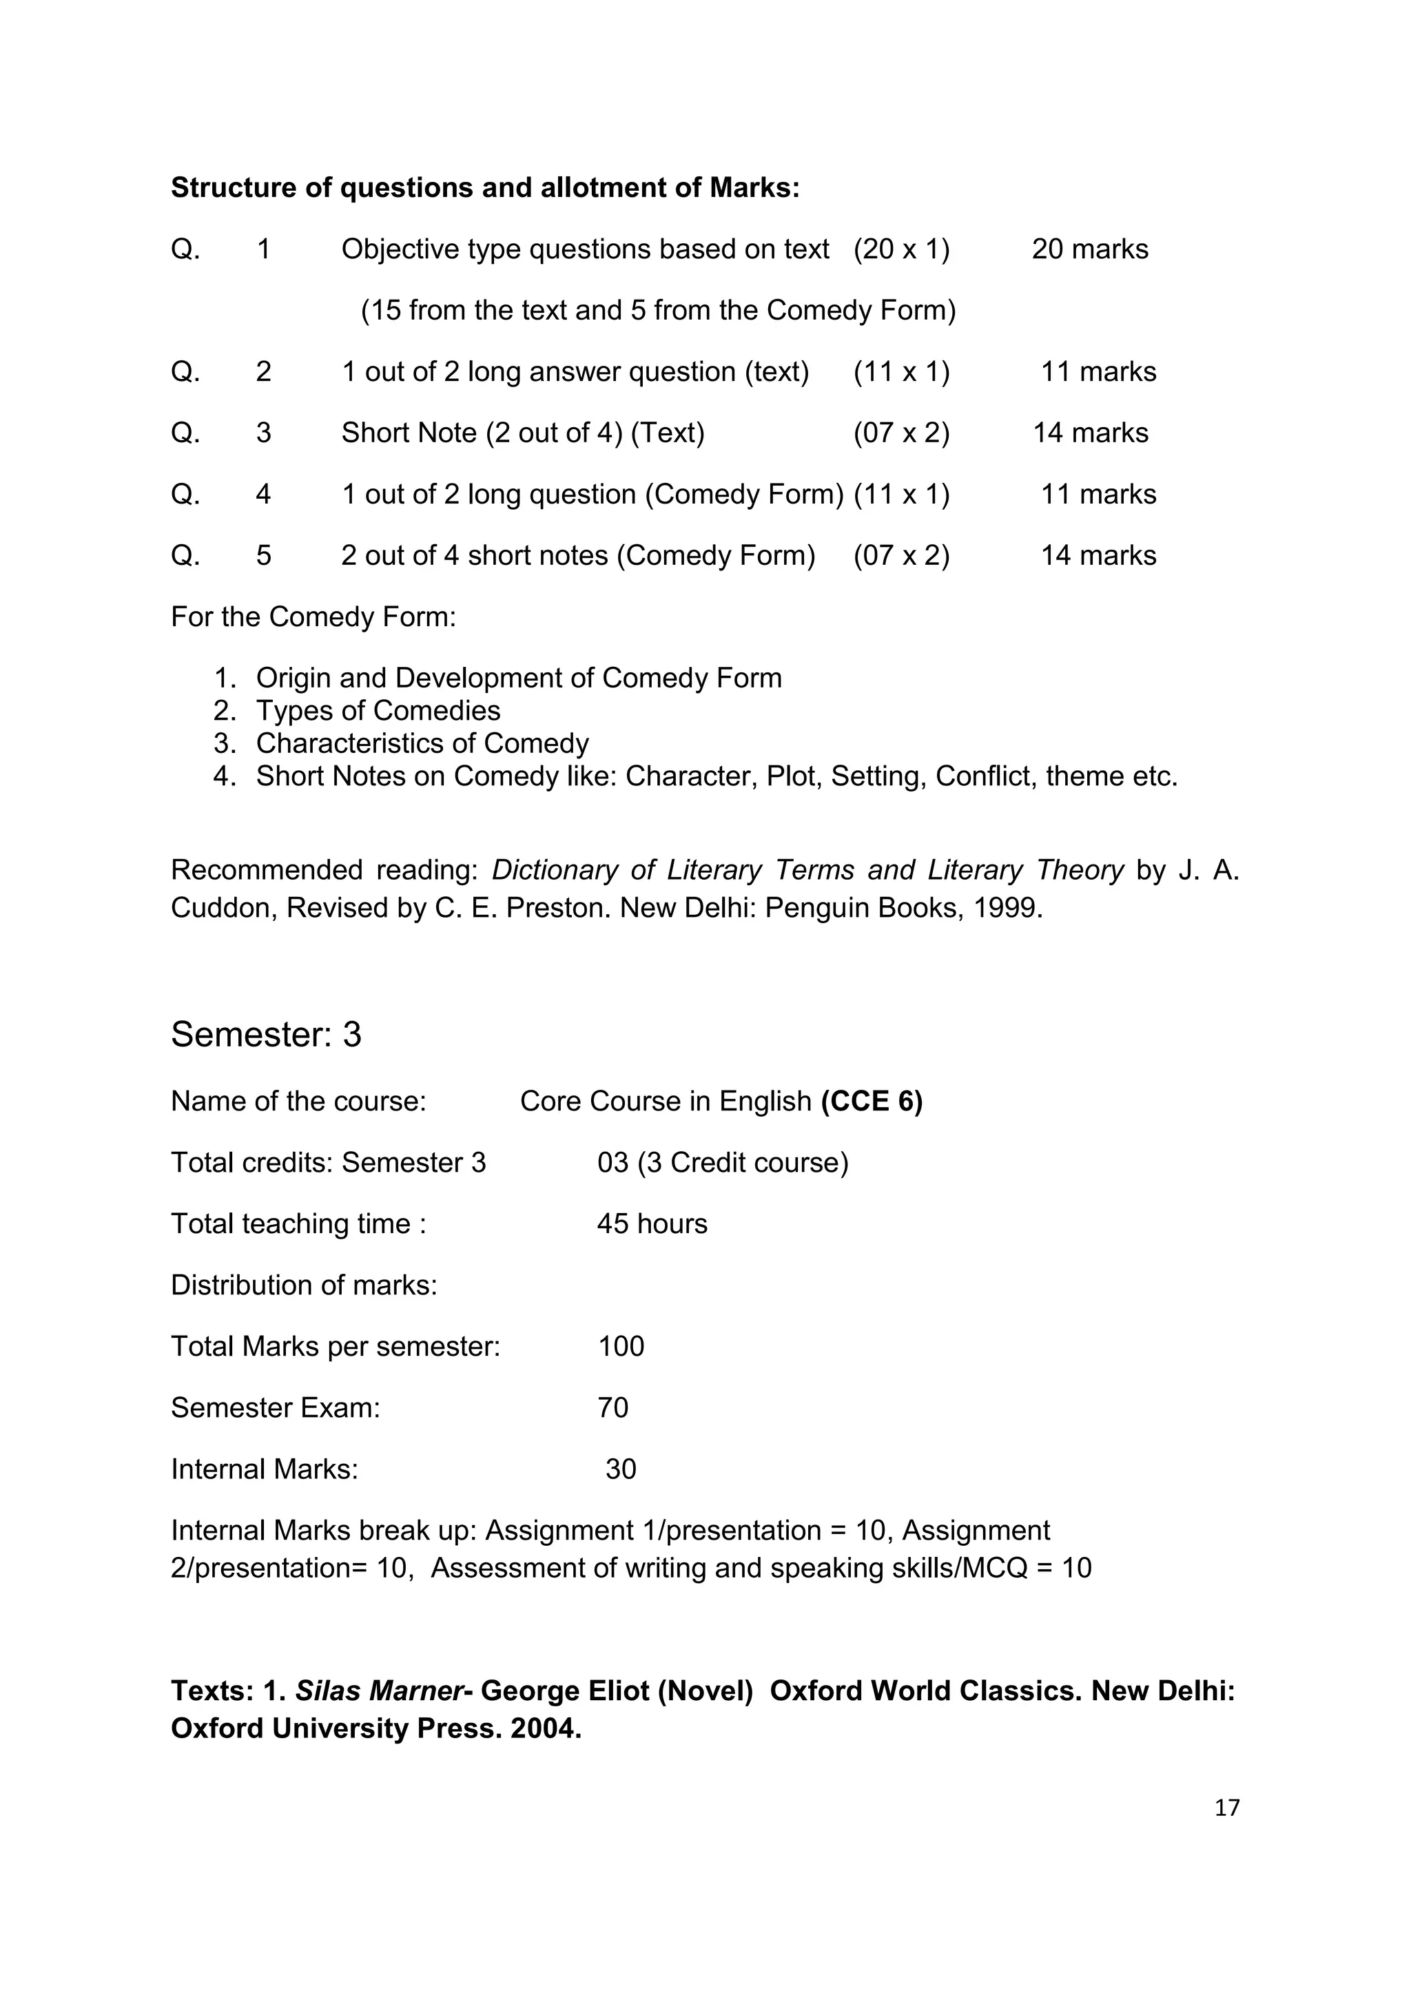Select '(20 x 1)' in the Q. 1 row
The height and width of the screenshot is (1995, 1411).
tap(901, 249)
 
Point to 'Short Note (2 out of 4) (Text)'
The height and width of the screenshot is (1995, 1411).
tap(522, 433)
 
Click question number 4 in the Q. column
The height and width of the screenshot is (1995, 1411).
tap(263, 495)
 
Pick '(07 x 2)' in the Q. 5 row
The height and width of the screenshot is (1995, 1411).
tap(901, 556)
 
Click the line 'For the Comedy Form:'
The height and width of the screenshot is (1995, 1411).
tap(313, 617)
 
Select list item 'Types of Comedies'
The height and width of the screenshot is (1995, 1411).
tap(378, 711)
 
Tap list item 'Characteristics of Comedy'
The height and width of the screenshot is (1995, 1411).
tap(422, 744)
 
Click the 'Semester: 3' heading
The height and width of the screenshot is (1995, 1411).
tap(266, 1035)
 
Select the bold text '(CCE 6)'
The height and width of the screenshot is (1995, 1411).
tap(872, 1102)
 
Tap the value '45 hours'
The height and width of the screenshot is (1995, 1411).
tap(652, 1224)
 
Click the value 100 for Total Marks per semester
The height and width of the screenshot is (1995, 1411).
tap(620, 1347)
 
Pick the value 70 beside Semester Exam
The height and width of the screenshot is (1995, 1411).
tap(612, 1407)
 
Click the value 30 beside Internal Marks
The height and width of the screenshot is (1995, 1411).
tap(620, 1469)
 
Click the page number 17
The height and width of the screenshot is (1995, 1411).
tap(1226, 1808)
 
